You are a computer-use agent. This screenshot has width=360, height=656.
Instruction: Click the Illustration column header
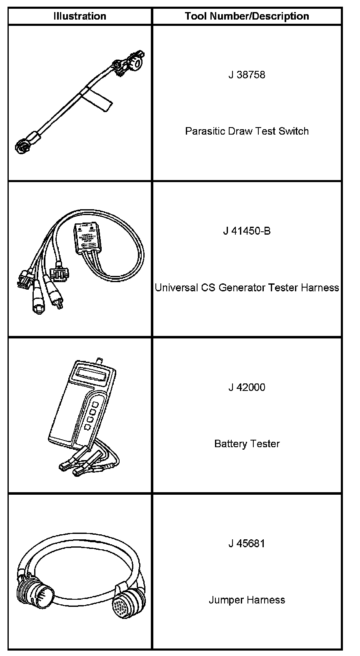click(80, 16)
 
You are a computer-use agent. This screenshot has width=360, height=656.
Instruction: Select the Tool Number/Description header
click(247, 16)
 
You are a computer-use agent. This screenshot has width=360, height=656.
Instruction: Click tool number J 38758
click(247, 75)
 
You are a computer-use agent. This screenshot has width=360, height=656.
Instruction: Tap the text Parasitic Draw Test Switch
click(247, 131)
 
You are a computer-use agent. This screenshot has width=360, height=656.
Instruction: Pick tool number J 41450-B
click(247, 231)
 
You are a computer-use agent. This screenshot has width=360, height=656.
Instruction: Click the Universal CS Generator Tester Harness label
click(247, 288)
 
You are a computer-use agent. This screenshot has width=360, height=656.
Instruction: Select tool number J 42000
click(247, 387)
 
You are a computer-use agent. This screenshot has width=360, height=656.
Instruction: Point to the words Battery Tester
click(247, 443)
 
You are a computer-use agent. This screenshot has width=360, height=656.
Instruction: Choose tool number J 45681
click(247, 543)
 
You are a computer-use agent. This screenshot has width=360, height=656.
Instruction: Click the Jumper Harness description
click(247, 600)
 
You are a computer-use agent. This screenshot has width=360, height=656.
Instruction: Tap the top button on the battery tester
click(95, 404)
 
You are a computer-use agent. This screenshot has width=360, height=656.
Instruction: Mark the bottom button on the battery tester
click(87, 427)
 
